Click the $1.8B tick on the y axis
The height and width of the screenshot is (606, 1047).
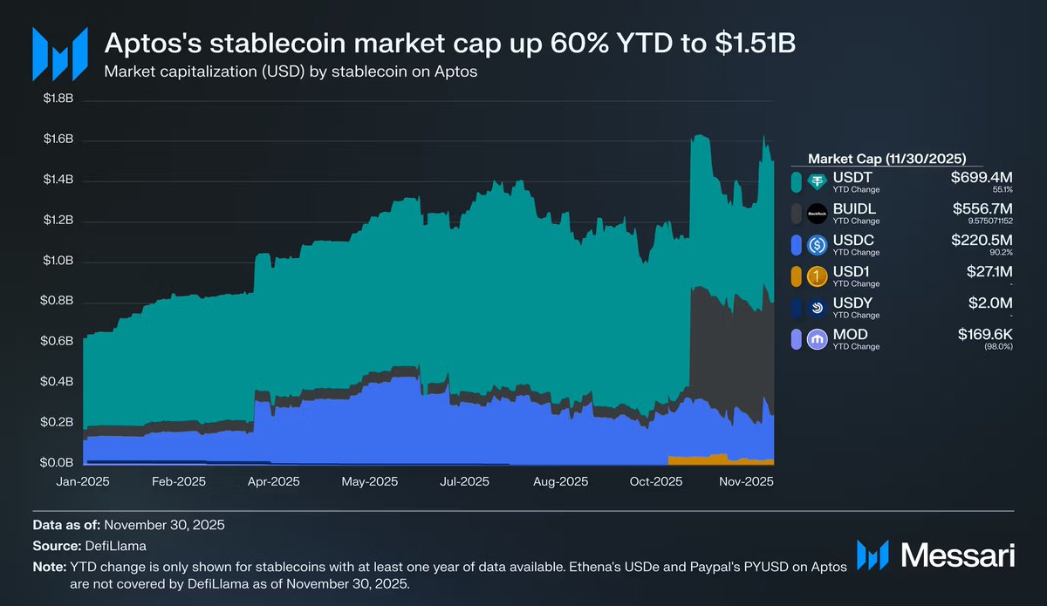point(58,99)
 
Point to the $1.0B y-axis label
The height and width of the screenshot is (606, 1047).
point(58,261)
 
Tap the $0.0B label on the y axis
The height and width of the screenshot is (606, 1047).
point(58,462)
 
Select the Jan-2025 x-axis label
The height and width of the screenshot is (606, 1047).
point(83,481)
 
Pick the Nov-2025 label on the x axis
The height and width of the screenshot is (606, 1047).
point(745,481)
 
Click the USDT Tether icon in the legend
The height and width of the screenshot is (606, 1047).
point(818,182)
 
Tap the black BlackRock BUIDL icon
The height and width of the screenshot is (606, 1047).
point(818,214)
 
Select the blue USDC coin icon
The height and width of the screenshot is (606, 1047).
point(818,245)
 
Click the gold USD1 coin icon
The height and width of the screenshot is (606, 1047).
point(818,276)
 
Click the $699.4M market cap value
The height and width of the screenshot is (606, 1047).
point(981,178)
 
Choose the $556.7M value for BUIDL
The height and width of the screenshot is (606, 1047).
point(981,208)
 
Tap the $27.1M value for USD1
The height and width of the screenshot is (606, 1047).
point(988,271)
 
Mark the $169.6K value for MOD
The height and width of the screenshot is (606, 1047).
point(982,334)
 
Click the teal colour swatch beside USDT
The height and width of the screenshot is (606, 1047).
point(796,182)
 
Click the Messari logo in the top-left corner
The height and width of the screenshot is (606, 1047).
point(59,53)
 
